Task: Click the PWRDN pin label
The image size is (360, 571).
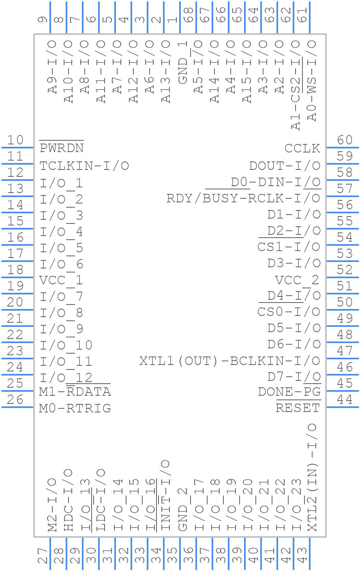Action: [62, 148]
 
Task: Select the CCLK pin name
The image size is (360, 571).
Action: [302, 148]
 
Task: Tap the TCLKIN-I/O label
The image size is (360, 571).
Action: [84, 165]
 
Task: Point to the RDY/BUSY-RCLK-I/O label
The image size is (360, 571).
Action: [243, 198]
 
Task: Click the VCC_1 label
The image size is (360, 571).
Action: [61, 280]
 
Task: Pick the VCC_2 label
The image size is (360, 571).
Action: [297, 280]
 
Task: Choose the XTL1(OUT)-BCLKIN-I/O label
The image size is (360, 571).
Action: [230, 361]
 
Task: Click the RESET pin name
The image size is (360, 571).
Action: [298, 408]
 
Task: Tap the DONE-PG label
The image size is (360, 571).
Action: [289, 392]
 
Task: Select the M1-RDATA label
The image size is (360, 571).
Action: [75, 392]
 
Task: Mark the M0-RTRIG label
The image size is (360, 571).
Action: [75, 408]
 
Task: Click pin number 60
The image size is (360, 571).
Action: [345, 140]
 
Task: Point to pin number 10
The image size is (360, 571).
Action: [15, 140]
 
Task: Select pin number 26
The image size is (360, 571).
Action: [15, 400]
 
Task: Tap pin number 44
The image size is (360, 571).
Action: [345, 400]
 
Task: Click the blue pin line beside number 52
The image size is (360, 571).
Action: [343, 277]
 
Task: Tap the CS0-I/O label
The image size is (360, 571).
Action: [289, 312]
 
